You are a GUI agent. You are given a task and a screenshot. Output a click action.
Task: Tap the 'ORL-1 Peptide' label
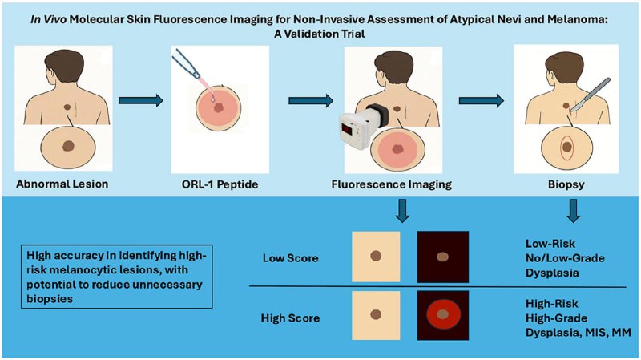pyautogui.click(x=212, y=184)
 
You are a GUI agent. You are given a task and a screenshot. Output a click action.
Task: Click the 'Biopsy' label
pyautogui.click(x=553, y=184)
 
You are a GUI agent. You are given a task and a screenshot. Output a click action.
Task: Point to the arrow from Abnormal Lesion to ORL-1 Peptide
pyautogui.click(x=141, y=101)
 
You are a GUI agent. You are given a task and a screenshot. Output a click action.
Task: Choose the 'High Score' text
pyautogui.click(x=290, y=318)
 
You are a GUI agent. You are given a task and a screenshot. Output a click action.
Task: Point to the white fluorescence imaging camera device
pyautogui.click(x=357, y=128)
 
